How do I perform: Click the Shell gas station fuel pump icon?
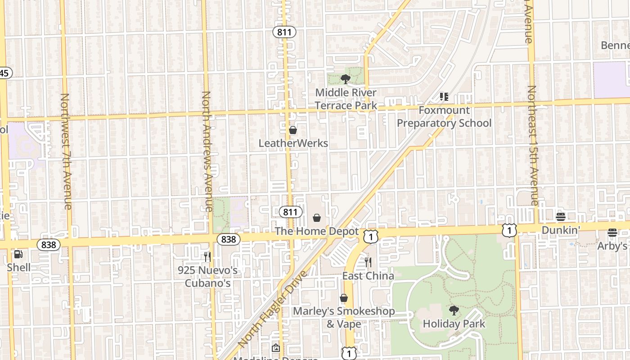pyautogui.click(x=18, y=254)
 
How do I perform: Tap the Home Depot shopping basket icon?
pyautogui.click(x=317, y=218)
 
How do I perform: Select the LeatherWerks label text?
pyautogui.click(x=293, y=143)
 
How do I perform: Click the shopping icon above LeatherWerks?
pyautogui.click(x=293, y=130)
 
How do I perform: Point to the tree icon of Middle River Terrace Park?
pyautogui.click(x=346, y=80)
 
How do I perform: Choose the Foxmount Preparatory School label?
pyautogui.click(x=444, y=117)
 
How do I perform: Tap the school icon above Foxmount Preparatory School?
pyautogui.click(x=444, y=96)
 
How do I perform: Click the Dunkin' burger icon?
pyautogui.click(x=560, y=217)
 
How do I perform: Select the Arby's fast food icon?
pyautogui.click(x=612, y=233)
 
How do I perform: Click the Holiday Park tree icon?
pyautogui.click(x=454, y=310)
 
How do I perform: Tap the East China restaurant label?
pyautogui.click(x=368, y=276)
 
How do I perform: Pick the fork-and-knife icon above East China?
pyautogui.click(x=368, y=262)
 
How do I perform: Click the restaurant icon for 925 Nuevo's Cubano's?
pyautogui.click(x=207, y=257)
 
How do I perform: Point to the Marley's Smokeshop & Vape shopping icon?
pyautogui.click(x=344, y=298)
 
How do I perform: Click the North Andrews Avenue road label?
pyautogui.click(x=207, y=151)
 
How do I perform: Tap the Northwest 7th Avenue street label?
pyautogui.click(x=66, y=151)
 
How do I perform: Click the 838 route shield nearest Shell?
pyautogui.click(x=48, y=245)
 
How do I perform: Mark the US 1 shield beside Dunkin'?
pyautogui.click(x=509, y=230)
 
